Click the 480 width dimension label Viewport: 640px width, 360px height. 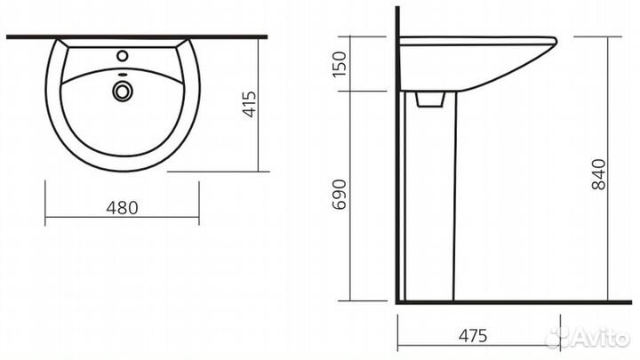(122, 208)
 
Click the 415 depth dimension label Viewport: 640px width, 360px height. (250, 104)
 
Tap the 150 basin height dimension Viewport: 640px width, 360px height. (340, 64)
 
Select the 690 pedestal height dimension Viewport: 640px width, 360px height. (340, 195)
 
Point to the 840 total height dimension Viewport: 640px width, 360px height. (599, 174)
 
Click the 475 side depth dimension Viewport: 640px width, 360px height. (473, 335)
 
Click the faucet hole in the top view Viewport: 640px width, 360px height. (122, 55)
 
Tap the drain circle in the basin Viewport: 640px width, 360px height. (122, 91)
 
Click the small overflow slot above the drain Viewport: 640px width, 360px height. (122, 75)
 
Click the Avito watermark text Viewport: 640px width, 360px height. (601, 338)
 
